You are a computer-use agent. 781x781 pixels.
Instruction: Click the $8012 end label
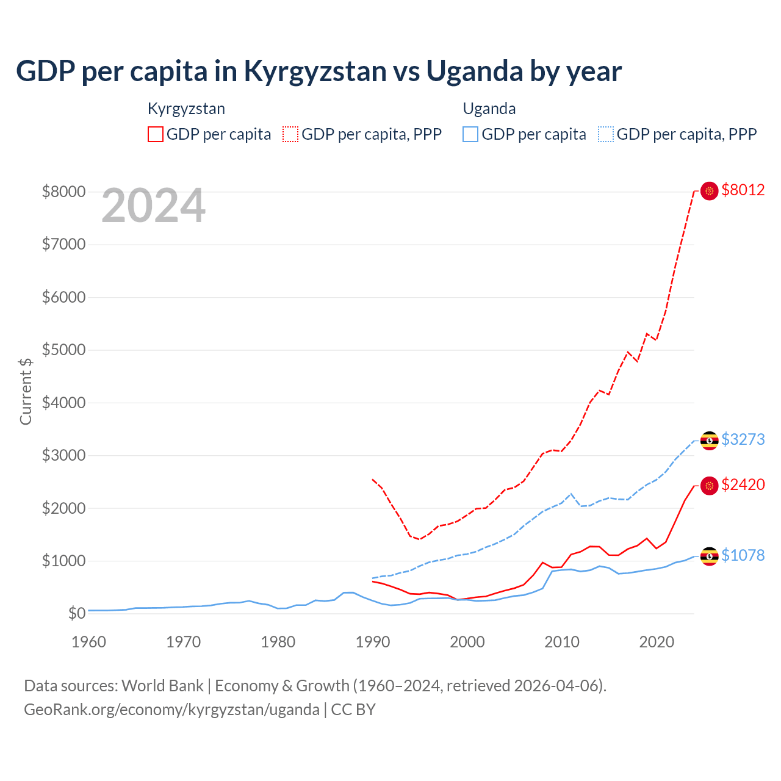pos(743,190)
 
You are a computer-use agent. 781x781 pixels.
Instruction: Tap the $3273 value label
pos(743,439)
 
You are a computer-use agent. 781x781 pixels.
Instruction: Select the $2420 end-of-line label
pos(743,484)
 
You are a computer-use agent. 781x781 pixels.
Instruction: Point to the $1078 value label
pos(743,555)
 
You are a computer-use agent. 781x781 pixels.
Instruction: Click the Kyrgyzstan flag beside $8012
pos(709,191)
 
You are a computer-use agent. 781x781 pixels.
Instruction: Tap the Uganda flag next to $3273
pos(709,441)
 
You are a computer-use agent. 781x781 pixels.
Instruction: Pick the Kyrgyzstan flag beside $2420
pos(709,486)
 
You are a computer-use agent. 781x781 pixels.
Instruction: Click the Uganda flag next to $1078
pos(709,556)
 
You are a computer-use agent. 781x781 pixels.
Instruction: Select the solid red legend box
pos(156,134)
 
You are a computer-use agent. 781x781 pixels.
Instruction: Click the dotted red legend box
pos(290,134)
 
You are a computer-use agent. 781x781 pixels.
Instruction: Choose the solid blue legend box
pos(470,134)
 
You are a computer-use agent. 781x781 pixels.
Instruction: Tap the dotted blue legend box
pos(606,134)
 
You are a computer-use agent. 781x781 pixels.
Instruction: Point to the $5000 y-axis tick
pos(63,350)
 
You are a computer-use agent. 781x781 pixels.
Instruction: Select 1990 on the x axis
pos(373,642)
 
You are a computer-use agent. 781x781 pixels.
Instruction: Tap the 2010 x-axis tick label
pos(562,642)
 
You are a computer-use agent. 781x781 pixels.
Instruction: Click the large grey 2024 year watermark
pos(153,206)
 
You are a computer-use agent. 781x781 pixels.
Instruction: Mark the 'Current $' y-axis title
pos(26,391)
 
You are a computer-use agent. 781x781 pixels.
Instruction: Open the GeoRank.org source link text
pos(171,710)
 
